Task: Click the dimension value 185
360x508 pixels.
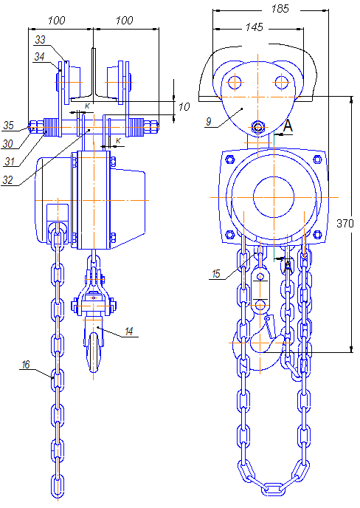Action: pos(280,9)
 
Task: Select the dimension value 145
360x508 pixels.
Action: pos(254,27)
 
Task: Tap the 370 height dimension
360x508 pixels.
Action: pos(345,223)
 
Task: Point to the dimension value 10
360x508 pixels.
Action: pos(184,106)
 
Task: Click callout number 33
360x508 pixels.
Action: pos(40,40)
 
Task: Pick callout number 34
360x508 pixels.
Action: pos(39,57)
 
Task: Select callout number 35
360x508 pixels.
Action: pos(8,126)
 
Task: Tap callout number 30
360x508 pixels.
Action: pos(7,143)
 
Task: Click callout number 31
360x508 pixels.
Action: pos(10,161)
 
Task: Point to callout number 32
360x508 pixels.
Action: pos(7,180)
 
